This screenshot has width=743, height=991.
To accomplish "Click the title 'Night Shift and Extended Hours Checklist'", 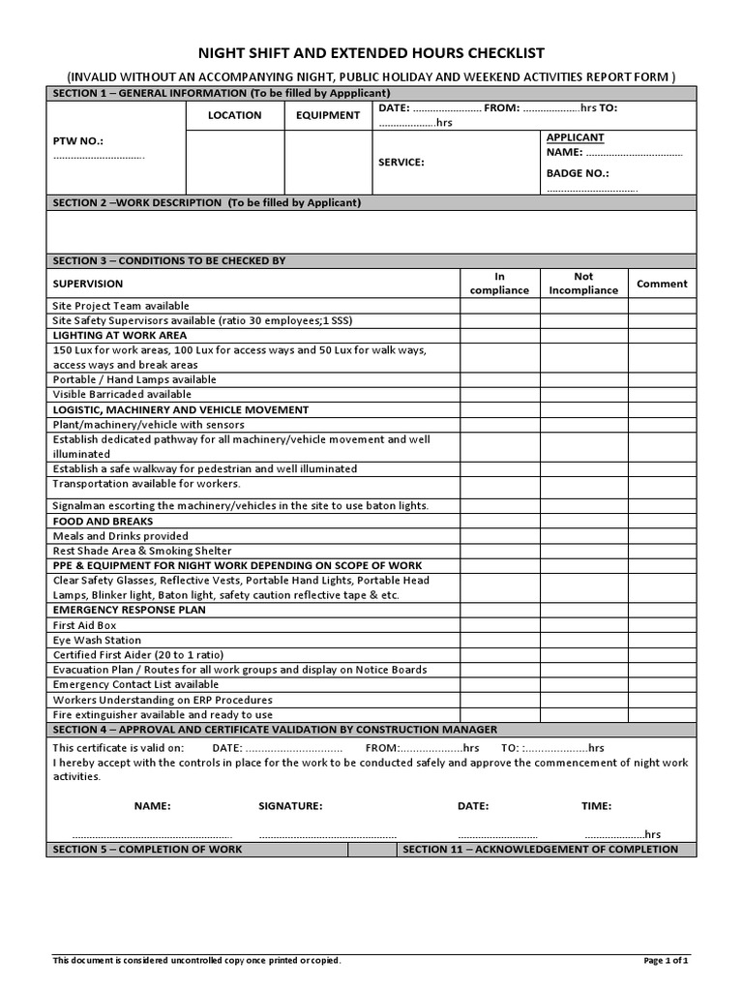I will click(x=371, y=53).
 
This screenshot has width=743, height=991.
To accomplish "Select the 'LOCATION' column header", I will click(x=234, y=115).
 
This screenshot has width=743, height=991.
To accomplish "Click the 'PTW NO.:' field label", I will click(x=77, y=141).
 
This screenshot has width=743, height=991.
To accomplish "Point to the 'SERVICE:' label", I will click(x=401, y=163).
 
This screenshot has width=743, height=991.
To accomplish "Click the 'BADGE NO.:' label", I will click(x=578, y=173).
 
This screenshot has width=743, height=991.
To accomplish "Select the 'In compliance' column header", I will click(x=499, y=284).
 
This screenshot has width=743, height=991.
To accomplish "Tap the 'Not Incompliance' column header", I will click(x=583, y=284).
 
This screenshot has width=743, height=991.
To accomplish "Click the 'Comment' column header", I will click(x=662, y=284).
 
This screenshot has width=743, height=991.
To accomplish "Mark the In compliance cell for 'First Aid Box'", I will click(x=499, y=626).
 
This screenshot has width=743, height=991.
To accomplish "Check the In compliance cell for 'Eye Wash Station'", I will click(x=499, y=641).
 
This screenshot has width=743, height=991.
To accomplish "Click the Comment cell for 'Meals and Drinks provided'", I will click(x=662, y=536).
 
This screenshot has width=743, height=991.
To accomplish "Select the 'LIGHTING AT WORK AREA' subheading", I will click(x=120, y=335).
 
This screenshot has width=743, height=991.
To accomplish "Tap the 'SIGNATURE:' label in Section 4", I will click(x=290, y=806).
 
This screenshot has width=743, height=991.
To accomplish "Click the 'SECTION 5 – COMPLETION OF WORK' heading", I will click(x=147, y=850).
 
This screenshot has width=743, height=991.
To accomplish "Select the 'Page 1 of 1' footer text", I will click(x=666, y=961).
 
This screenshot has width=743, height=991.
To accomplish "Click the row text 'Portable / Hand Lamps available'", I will click(x=134, y=380).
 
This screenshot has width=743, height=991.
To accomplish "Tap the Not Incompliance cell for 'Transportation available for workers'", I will click(x=583, y=484).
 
